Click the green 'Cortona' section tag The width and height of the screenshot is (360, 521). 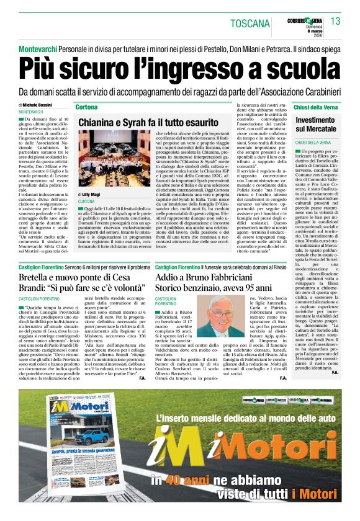pos(86,107)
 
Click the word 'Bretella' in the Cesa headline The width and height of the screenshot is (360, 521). pos(38,277)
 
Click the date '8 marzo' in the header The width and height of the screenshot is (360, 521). pos(313,30)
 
